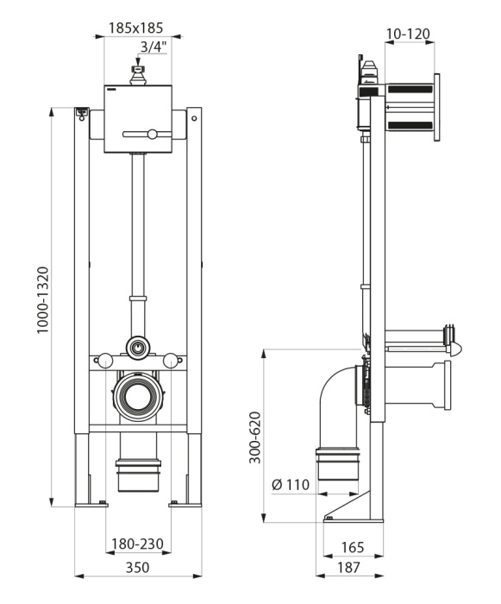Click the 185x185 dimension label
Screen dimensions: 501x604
135,28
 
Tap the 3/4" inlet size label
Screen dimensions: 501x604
153,47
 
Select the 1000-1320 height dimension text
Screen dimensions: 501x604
43,300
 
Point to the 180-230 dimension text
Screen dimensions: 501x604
137,544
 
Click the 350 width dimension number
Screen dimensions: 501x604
137,567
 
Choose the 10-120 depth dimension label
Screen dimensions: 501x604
408,34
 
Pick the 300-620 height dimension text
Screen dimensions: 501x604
254,437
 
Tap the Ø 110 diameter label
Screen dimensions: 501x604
291,484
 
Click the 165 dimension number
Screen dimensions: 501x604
353,547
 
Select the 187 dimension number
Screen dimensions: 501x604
349,568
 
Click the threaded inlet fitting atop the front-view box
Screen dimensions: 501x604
137,76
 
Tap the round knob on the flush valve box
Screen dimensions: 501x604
153,134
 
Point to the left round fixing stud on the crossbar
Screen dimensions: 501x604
104,362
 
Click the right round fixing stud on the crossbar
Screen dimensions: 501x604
170,362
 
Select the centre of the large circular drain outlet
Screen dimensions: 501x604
138,396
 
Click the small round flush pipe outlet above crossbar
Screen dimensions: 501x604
137,348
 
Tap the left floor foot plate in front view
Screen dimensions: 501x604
91,504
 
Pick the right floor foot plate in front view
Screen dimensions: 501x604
185,504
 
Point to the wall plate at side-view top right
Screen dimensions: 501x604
436,108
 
